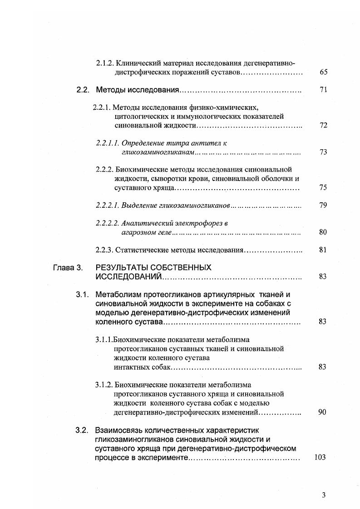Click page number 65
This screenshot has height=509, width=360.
(x=323, y=72)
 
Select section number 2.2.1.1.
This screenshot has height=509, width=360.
(x=108, y=143)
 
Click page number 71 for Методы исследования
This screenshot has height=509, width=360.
(x=323, y=90)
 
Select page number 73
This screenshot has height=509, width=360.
(x=323, y=152)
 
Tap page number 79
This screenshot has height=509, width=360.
(x=323, y=206)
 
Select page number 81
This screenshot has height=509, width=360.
(x=323, y=250)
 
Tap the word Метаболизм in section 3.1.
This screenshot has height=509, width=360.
(x=117, y=295)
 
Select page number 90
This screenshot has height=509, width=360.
(x=323, y=412)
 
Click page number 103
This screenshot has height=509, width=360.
(x=320, y=457)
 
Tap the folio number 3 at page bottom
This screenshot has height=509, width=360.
(x=324, y=495)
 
